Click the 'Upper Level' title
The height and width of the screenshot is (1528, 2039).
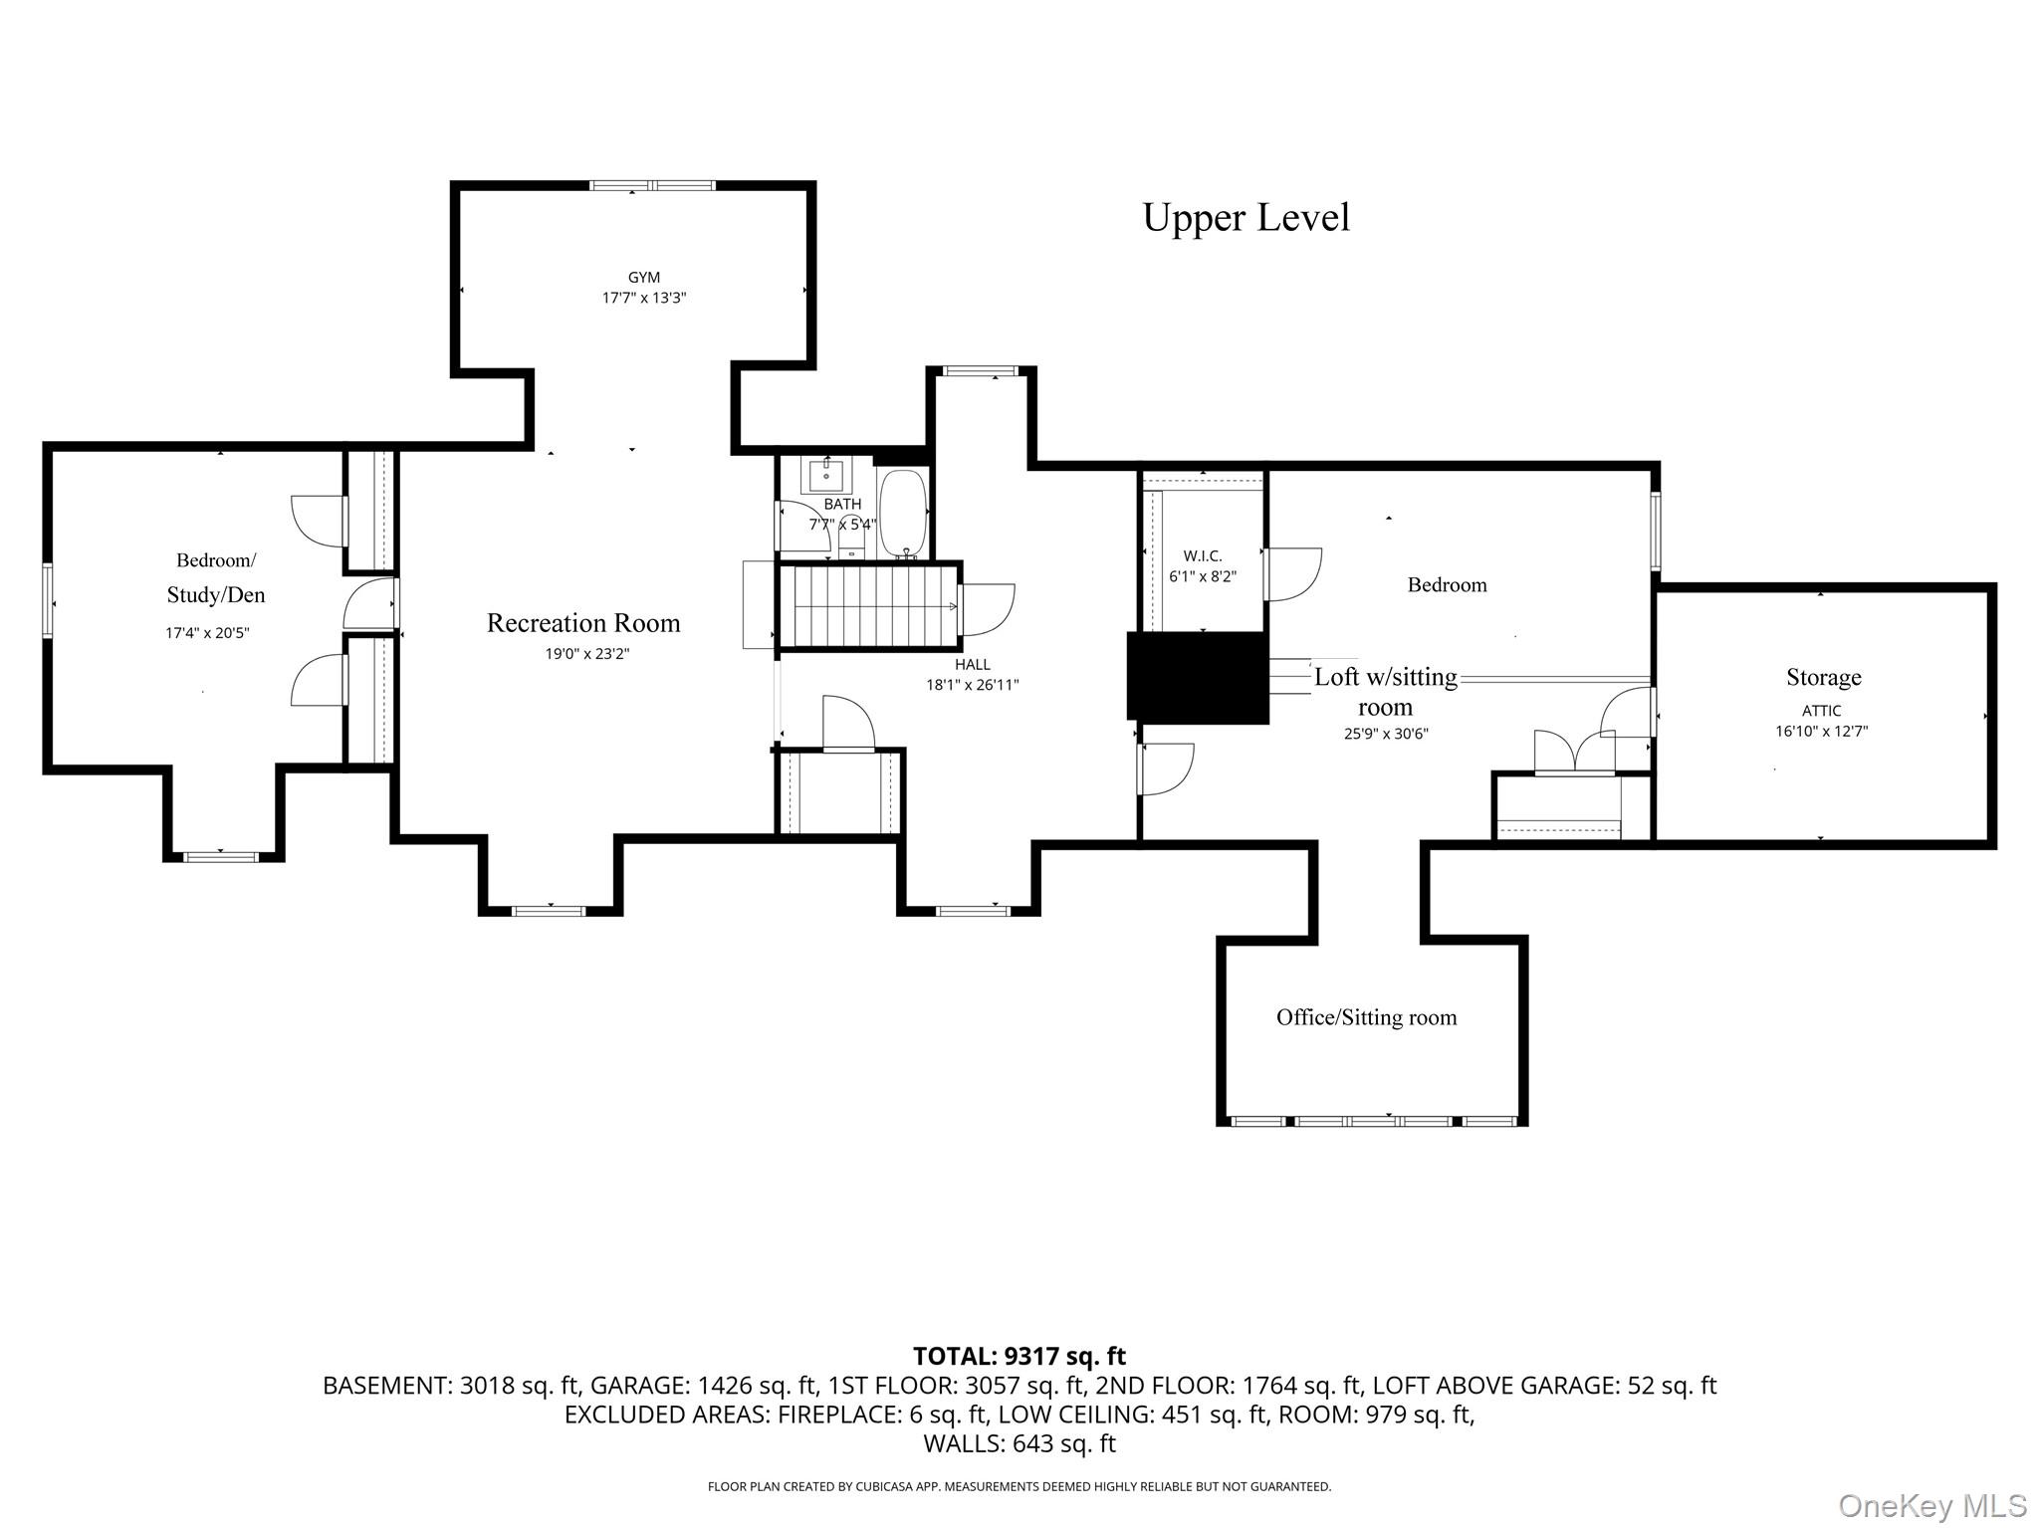tap(1246, 218)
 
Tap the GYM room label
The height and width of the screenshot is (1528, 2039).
tap(644, 278)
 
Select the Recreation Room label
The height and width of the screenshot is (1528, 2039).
tap(583, 623)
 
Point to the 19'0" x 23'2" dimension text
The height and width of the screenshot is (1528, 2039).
tap(587, 654)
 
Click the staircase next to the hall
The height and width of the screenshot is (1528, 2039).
tap(868, 606)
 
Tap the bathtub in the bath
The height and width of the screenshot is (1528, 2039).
tap(903, 514)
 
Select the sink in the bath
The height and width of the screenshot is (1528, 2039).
tap(826, 477)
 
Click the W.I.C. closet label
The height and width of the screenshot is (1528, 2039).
tap(1203, 556)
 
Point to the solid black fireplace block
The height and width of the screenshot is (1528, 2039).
tap(1198, 677)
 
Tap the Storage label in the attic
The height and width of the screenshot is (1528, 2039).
tap(1823, 678)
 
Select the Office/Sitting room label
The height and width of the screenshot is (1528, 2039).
tap(1366, 1017)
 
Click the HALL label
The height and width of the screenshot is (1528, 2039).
tap(972, 665)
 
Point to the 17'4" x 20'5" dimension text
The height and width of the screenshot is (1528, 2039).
tap(207, 633)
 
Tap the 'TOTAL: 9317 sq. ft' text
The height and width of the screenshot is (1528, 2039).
tap(1019, 1356)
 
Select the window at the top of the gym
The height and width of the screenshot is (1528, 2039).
tap(652, 185)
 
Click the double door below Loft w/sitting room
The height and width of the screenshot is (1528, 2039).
tap(1574, 753)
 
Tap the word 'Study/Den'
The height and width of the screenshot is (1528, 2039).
tap(216, 595)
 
